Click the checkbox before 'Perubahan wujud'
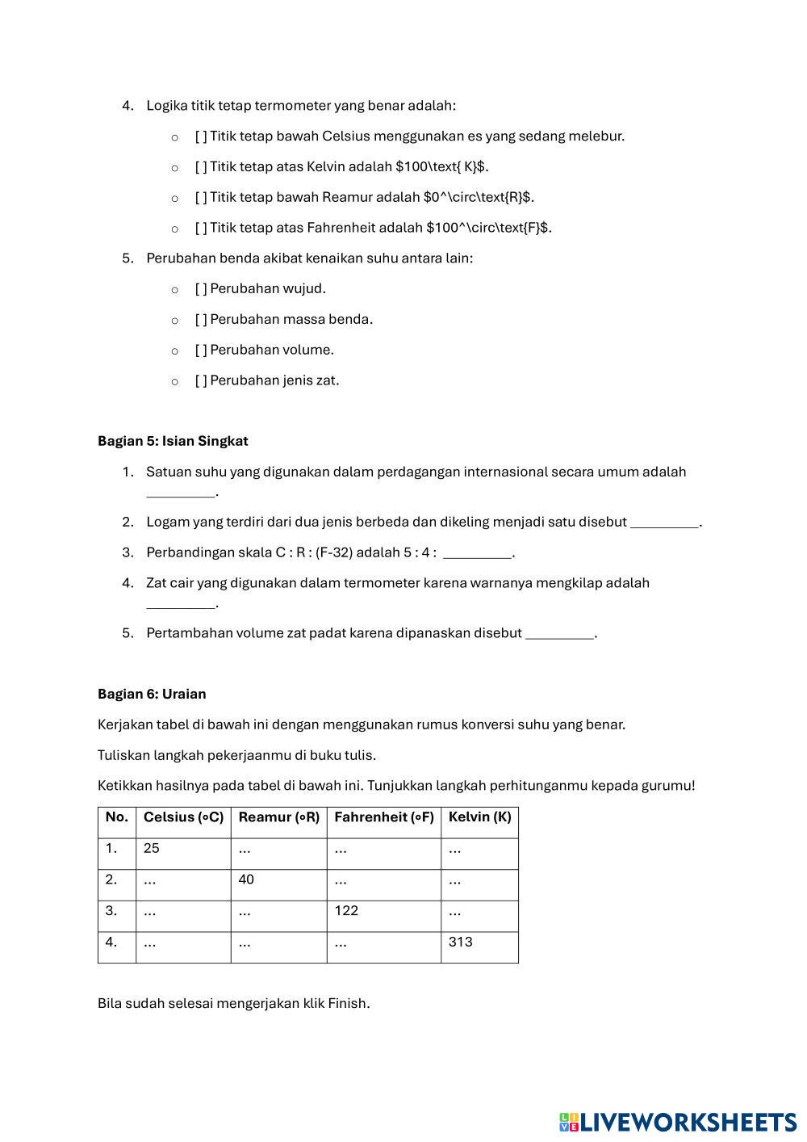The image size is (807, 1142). click(201, 288)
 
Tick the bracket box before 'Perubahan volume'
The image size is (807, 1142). click(201, 350)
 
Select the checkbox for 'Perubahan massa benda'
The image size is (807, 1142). click(201, 319)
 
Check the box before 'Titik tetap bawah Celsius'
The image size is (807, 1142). click(201, 136)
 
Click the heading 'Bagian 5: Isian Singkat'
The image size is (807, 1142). click(173, 441)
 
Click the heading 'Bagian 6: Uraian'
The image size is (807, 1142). click(152, 694)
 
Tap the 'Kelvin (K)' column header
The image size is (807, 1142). click(479, 817)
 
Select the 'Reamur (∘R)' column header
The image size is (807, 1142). click(278, 817)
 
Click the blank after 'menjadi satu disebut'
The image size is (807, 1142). click(664, 523)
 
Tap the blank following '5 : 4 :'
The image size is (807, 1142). click(477, 553)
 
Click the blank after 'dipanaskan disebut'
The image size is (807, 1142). click(559, 634)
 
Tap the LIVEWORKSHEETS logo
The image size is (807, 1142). click(678, 1121)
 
